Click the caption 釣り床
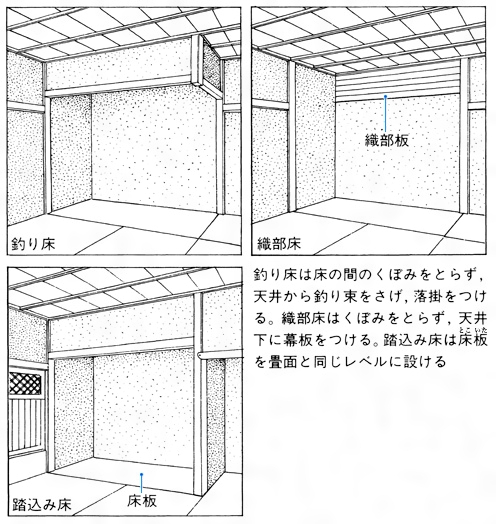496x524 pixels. pos(33,244)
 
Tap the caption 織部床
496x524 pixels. pos(279,244)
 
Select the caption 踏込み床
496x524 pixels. pos(42,504)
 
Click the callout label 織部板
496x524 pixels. pos(387,140)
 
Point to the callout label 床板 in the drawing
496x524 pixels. pos(142,501)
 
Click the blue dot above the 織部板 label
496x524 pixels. pos(385,97)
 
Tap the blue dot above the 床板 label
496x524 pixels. pos(142,474)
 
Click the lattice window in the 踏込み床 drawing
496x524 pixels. pos(25,383)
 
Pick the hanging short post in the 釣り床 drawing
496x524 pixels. pos(197,60)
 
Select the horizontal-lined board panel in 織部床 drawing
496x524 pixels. pos(397,83)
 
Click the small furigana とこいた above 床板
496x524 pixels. pos(472,331)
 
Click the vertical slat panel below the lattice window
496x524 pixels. pos(26,425)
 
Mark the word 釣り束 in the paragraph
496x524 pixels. pos(336,296)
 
